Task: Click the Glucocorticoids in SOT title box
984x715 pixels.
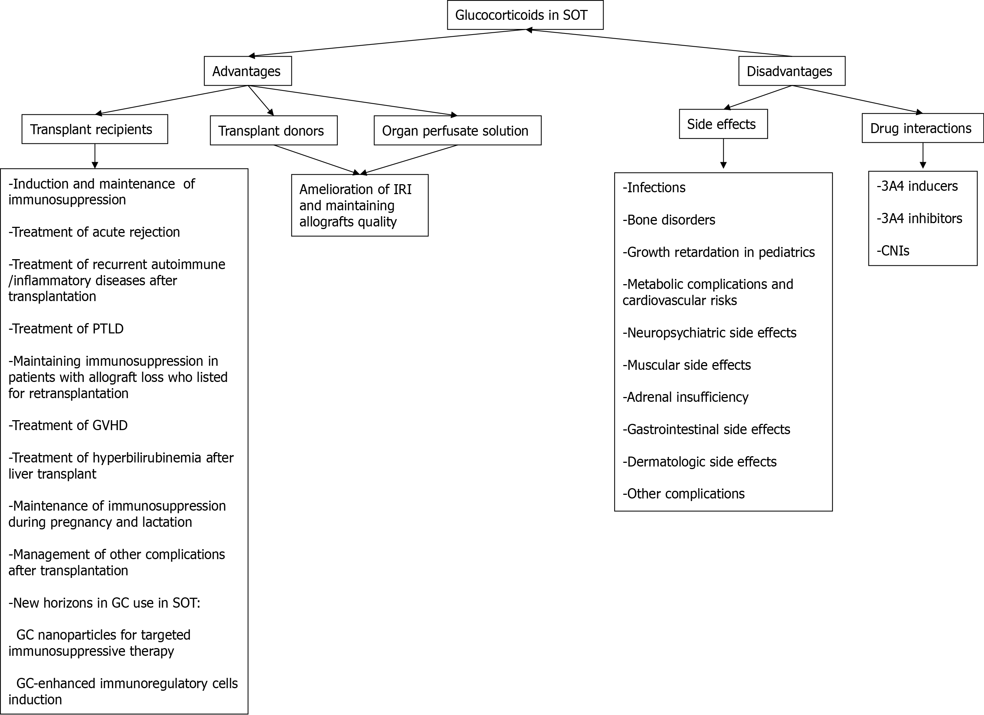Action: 525,15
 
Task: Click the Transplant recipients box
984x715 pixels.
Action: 94,129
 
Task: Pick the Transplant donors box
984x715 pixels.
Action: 274,131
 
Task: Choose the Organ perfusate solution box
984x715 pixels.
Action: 458,131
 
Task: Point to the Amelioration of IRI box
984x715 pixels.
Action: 359,205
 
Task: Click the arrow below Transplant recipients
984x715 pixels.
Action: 94,156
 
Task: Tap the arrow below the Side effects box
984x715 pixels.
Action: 723,154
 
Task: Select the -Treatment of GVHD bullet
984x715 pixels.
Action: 68,426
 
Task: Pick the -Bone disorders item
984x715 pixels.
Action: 669,220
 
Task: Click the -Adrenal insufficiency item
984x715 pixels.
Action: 686,397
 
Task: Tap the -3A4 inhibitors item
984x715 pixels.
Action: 919,218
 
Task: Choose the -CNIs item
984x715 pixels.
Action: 893,251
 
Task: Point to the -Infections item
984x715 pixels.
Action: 654,188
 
